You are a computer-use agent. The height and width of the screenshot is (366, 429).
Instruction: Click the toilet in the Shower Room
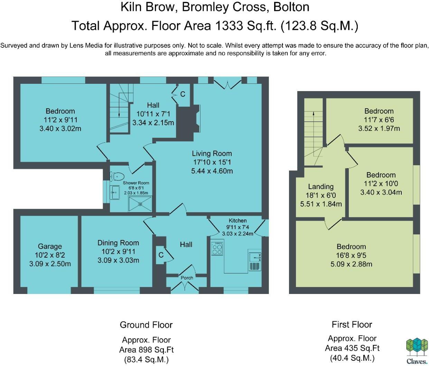coord(117,177)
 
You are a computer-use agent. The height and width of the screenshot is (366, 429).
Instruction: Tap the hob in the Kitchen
coord(217,248)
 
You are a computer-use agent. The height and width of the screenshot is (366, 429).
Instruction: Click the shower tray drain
coord(140,204)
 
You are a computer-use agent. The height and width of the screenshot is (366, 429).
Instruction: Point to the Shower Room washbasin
coord(114,193)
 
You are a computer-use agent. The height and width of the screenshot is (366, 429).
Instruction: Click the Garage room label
coord(50,246)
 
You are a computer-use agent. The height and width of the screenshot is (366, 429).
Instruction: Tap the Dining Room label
coord(118,243)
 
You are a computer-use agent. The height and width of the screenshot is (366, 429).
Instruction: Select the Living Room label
coord(212,153)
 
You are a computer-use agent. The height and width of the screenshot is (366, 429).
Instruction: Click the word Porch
coord(187,278)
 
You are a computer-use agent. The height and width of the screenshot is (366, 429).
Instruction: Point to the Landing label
coord(321,187)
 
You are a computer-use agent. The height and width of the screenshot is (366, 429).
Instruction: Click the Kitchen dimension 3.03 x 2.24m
coord(237,234)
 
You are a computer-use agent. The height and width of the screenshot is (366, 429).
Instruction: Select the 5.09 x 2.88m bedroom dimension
coord(351,264)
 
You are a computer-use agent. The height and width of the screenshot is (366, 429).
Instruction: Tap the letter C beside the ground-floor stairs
coord(183,94)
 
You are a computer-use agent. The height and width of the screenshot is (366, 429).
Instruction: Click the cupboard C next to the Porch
coord(161,255)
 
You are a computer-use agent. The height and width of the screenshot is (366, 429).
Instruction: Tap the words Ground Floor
coord(146,325)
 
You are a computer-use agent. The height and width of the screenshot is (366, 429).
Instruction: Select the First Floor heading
coord(352,324)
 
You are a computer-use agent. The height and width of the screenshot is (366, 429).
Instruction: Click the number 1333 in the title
coord(229,26)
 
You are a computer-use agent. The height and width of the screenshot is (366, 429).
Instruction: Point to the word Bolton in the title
coord(291,7)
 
